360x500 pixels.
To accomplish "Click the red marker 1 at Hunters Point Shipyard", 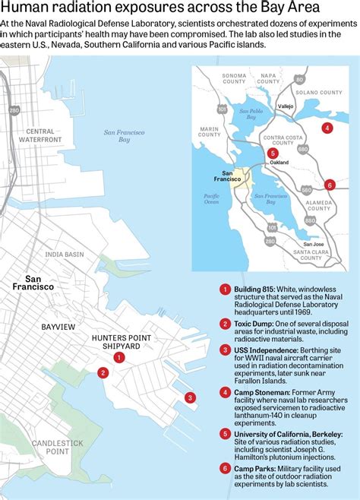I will click(x=118, y=357).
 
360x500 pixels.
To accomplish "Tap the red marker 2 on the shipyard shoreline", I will click(x=103, y=372).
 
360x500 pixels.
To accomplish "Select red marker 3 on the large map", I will click(x=190, y=397).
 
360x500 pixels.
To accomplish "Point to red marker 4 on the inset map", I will click(x=327, y=128).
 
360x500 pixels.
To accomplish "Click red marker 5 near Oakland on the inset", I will click(x=272, y=153).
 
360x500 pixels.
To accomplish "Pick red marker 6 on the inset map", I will click(x=329, y=185).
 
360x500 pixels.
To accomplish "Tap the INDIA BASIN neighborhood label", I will click(x=65, y=255).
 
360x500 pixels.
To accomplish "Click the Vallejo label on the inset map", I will click(x=285, y=107).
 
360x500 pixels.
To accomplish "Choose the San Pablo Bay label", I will click(x=254, y=112).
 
